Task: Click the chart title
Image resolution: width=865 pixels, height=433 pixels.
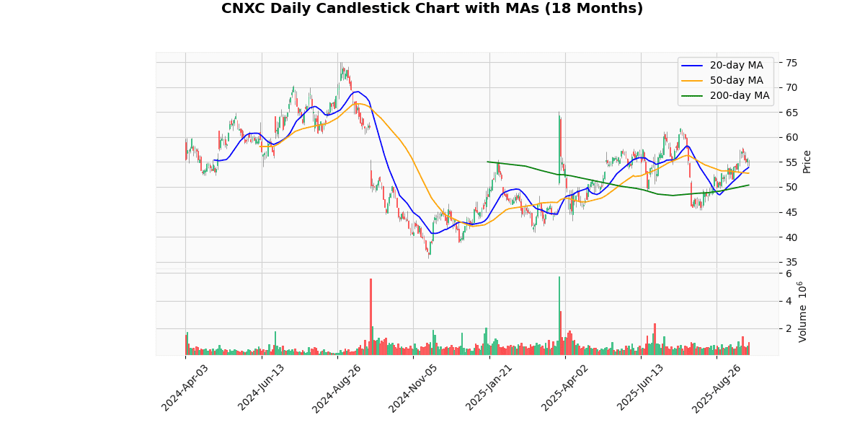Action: pyautogui.click(x=432, y=9)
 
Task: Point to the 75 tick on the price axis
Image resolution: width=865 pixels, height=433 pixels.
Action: pyautogui.click(x=791, y=63)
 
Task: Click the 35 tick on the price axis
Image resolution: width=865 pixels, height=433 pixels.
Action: pyautogui.click(x=791, y=262)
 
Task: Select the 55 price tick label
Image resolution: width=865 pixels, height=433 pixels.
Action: pyautogui.click(x=791, y=162)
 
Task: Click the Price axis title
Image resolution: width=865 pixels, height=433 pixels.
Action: pyautogui.click(x=807, y=161)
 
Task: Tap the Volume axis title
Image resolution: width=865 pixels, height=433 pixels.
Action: pyautogui.click(x=804, y=312)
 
